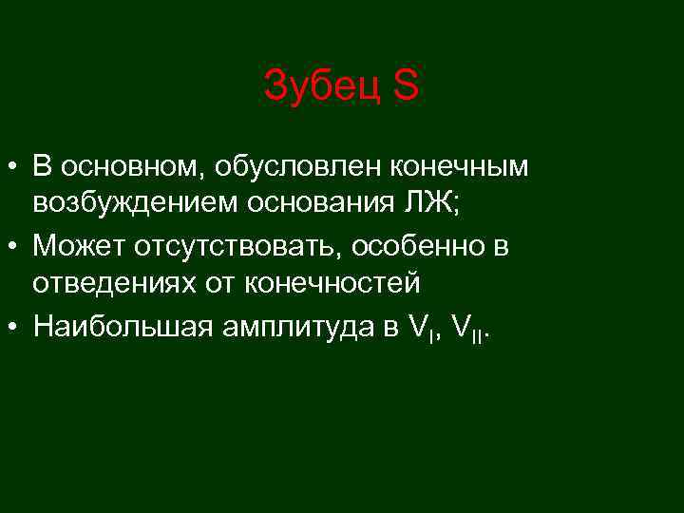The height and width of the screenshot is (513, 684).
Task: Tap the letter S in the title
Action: [x=405, y=87]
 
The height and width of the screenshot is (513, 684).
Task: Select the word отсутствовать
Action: [x=237, y=246]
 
